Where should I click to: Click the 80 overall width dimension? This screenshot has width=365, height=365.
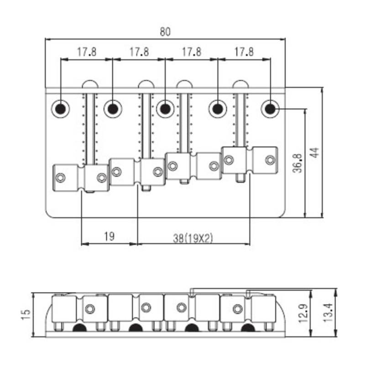[165, 31]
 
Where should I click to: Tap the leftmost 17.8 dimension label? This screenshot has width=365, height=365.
[87, 52]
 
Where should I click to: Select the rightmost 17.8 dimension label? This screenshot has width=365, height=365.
[244, 52]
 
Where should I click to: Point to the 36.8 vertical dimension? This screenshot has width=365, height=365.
[298, 163]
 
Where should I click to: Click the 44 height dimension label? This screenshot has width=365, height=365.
[314, 152]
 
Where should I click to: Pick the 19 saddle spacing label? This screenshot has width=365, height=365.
[109, 236]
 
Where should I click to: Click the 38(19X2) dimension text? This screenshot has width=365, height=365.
[193, 238]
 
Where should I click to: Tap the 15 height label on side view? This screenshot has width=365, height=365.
[26, 314]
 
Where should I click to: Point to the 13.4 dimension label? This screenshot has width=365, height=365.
[328, 313]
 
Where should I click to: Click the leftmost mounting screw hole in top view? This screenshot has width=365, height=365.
[61, 109]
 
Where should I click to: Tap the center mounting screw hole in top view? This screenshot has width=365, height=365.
[165, 109]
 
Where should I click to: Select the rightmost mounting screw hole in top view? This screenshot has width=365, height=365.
[270, 109]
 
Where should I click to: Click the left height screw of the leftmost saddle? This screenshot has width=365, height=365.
[61, 178]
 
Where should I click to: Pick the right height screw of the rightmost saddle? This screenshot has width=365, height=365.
[270, 160]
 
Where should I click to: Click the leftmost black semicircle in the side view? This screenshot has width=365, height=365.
[79, 328]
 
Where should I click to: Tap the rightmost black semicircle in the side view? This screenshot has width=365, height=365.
[248, 328]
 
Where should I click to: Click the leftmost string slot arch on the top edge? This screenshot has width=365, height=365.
[90, 84]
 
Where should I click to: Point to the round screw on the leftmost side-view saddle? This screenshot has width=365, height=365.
[90, 309]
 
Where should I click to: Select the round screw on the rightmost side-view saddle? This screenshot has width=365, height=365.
[238, 309]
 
